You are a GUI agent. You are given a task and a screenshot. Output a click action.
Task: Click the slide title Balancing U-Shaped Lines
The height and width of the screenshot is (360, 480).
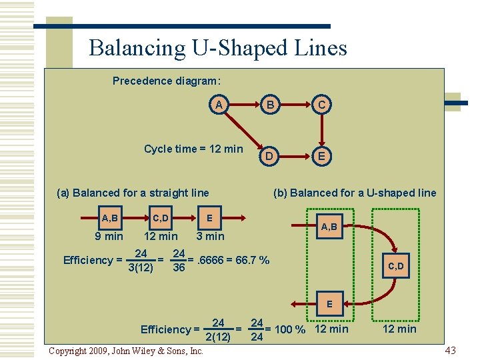(x=218, y=48)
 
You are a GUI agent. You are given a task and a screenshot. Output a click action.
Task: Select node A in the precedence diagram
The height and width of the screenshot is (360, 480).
(x=218, y=105)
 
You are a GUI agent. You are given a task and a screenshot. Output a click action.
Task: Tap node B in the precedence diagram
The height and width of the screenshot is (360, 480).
(x=270, y=105)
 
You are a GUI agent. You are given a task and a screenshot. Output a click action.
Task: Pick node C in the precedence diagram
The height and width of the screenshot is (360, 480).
(x=321, y=105)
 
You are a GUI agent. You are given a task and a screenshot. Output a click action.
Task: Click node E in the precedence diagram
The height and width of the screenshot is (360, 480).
(x=321, y=156)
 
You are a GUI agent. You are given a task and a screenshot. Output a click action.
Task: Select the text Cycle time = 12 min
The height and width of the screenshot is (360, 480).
(x=193, y=149)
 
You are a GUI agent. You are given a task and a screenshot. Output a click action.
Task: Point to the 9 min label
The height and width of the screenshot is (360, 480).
(x=109, y=236)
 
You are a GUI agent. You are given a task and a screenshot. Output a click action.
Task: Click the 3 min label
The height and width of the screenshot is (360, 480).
(x=210, y=236)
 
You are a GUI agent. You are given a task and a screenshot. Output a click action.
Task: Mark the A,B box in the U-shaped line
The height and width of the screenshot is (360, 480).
(x=328, y=227)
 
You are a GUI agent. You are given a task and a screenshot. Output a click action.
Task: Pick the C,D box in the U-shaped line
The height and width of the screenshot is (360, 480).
(x=396, y=266)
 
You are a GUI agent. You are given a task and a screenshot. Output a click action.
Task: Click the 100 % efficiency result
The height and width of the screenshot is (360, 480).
(x=285, y=329)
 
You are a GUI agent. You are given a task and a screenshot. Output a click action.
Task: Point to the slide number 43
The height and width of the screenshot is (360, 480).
(x=450, y=350)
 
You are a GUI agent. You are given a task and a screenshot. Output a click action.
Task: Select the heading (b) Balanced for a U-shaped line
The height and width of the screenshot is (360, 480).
(x=355, y=193)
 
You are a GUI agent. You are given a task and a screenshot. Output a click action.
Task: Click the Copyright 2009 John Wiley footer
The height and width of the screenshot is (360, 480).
(x=126, y=351)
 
